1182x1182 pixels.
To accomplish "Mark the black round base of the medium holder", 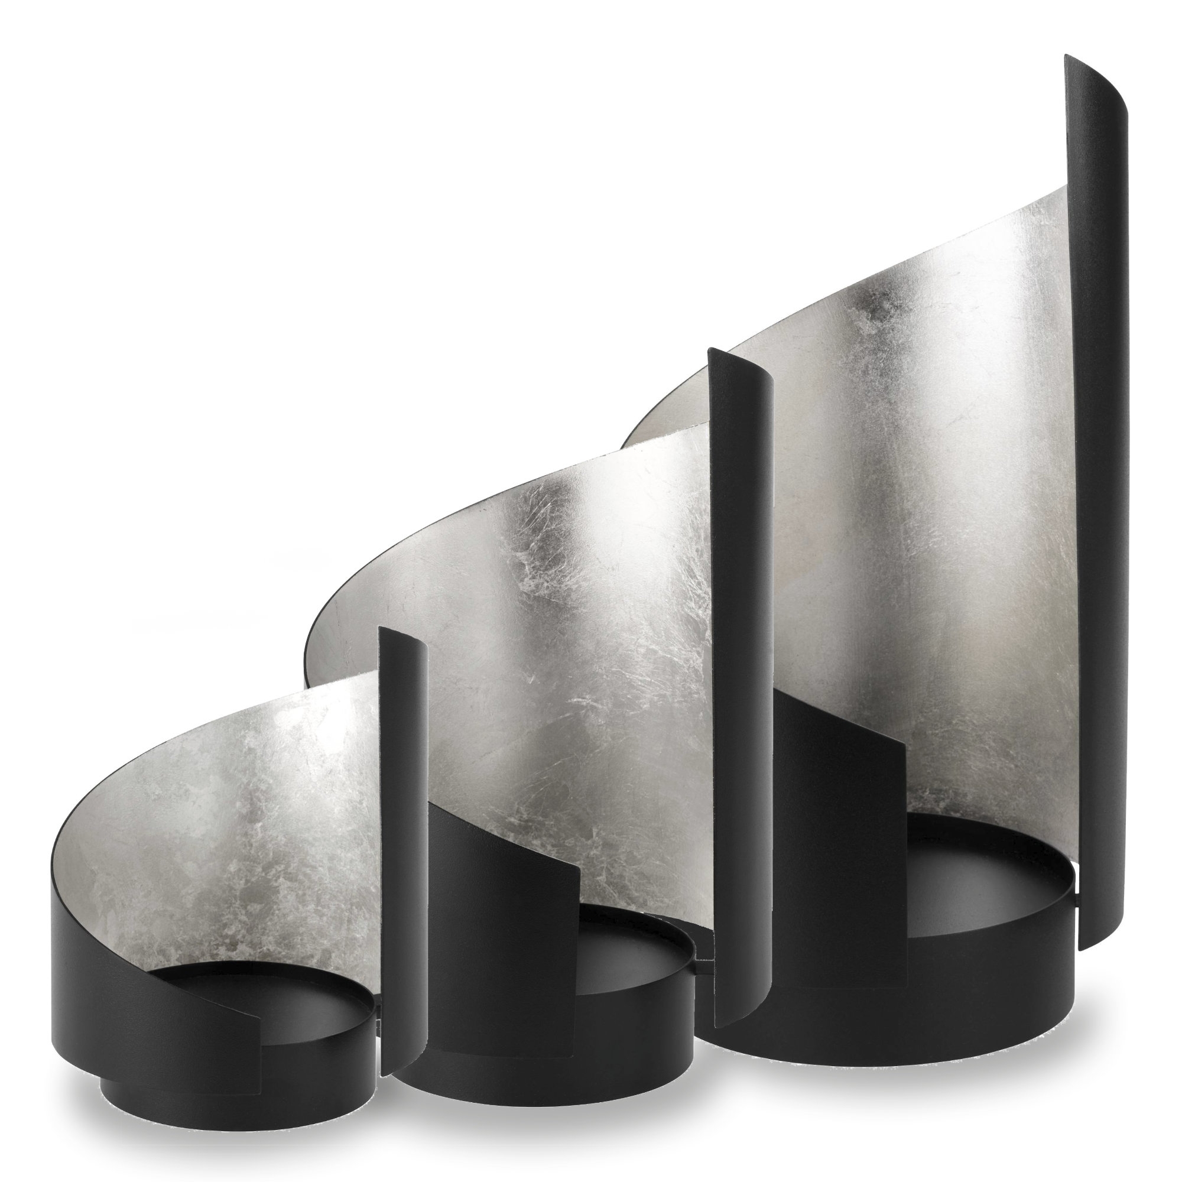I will click(x=551, y=1064).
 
